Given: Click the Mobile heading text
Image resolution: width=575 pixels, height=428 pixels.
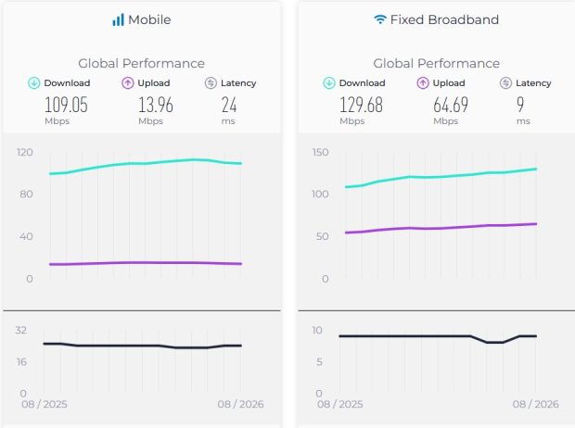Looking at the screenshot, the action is pyautogui.click(x=149, y=19).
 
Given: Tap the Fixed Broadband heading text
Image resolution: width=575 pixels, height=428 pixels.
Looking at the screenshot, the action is pyautogui.click(x=444, y=19).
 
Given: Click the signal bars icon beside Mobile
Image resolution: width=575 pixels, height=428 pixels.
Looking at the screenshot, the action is pyautogui.click(x=118, y=19).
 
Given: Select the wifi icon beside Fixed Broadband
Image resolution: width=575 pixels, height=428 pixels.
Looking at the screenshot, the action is pyautogui.click(x=380, y=19).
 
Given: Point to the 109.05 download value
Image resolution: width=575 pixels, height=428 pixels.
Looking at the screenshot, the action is pyautogui.click(x=66, y=106).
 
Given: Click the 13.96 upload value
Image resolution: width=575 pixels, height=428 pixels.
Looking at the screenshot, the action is pyautogui.click(x=156, y=106).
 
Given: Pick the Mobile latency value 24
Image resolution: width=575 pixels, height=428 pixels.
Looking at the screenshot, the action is pyautogui.click(x=229, y=106).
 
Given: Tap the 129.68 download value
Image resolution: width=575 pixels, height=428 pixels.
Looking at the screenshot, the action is pyautogui.click(x=361, y=106).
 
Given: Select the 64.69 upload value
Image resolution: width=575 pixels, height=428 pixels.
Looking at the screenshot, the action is pyautogui.click(x=451, y=106).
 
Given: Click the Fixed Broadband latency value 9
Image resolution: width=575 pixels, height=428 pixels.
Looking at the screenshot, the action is pyautogui.click(x=520, y=106).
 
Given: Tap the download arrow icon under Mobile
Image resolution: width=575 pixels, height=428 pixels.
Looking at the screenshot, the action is pyautogui.click(x=34, y=83).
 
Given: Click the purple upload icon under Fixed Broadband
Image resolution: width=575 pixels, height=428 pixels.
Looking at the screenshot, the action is pyautogui.click(x=423, y=83).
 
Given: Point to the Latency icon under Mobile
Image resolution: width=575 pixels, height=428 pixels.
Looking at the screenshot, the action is pyautogui.click(x=211, y=83).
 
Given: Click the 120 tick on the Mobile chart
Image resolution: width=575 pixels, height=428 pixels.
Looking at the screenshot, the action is pyautogui.click(x=25, y=152).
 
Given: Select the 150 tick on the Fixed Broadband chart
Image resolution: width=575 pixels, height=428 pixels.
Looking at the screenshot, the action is pyautogui.click(x=320, y=152).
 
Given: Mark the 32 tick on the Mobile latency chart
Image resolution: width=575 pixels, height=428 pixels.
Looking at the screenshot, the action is pyautogui.click(x=21, y=330).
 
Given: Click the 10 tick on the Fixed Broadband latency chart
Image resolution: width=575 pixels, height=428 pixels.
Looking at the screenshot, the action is pyautogui.click(x=317, y=330).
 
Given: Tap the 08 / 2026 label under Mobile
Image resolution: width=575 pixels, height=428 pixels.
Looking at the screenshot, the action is pyautogui.click(x=240, y=404).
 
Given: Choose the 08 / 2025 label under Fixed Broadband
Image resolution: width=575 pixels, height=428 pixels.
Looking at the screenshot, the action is pyautogui.click(x=340, y=404).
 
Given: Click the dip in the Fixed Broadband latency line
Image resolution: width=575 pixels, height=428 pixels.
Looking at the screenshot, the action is pyautogui.click(x=495, y=342).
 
